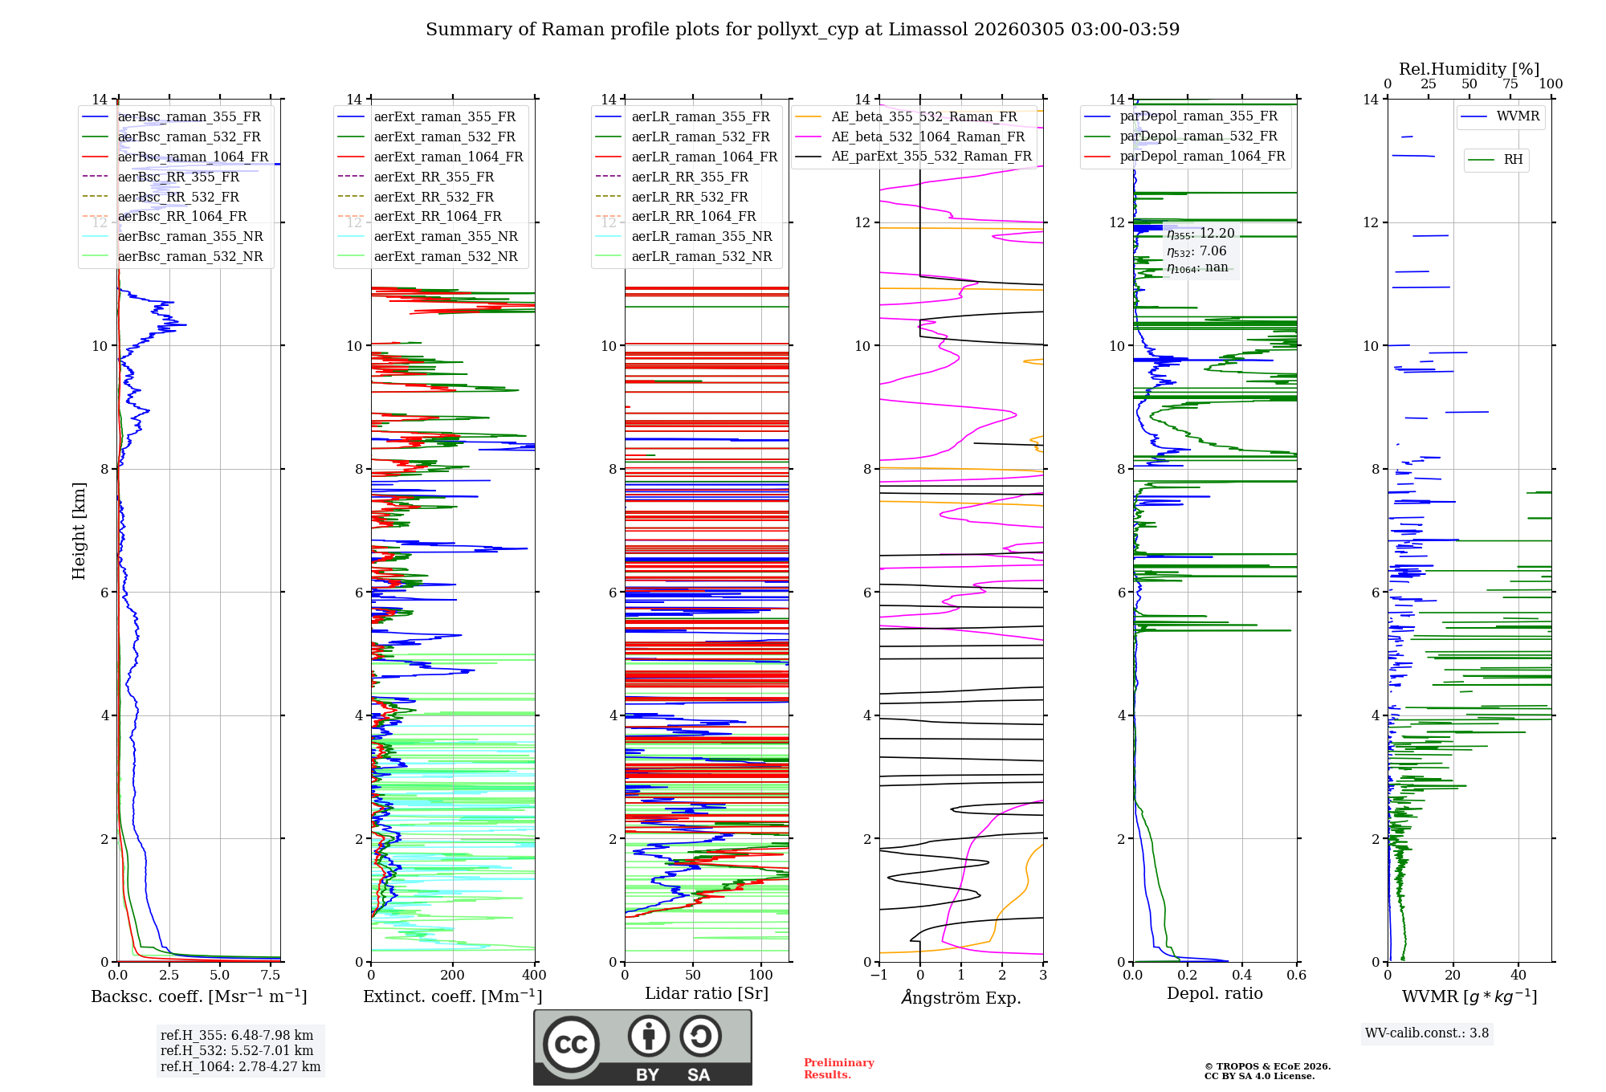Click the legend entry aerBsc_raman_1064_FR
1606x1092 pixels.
193,157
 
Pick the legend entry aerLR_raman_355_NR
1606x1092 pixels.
701,236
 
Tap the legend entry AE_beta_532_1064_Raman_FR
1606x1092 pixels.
927,136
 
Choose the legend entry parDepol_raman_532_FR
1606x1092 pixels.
1198,136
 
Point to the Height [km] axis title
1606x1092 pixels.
79,531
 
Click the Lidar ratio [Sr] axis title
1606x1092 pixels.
707,993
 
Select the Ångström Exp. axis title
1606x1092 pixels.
961,997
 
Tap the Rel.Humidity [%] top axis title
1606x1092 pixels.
1469,69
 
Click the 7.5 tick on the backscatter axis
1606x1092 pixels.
271,976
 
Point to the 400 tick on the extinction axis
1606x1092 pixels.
535,976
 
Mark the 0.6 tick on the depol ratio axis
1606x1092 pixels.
1297,976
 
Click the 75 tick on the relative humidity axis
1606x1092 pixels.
1510,84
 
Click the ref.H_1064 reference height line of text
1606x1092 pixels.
240,1066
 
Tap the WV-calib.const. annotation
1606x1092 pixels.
1427,1033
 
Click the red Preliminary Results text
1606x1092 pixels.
838,1068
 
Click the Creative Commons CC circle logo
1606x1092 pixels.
571,1045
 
